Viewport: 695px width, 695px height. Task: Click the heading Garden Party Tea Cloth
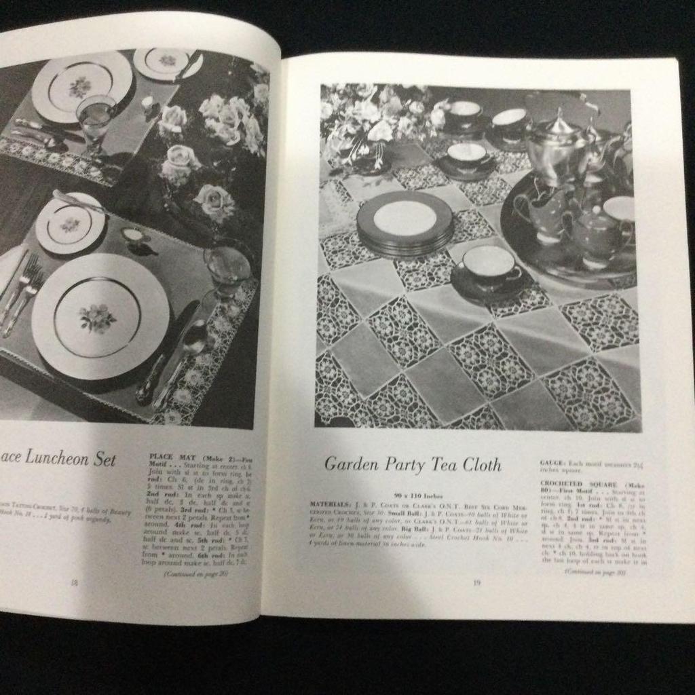tap(412, 465)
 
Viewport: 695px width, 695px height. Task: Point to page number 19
tap(476, 582)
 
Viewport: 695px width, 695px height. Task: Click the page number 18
tap(75, 582)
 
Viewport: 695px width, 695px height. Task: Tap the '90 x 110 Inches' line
tap(413, 495)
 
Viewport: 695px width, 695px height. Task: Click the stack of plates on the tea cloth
tap(405, 223)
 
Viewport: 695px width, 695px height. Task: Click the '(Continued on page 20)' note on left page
tap(195, 574)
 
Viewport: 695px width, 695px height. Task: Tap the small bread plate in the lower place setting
tap(70, 224)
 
